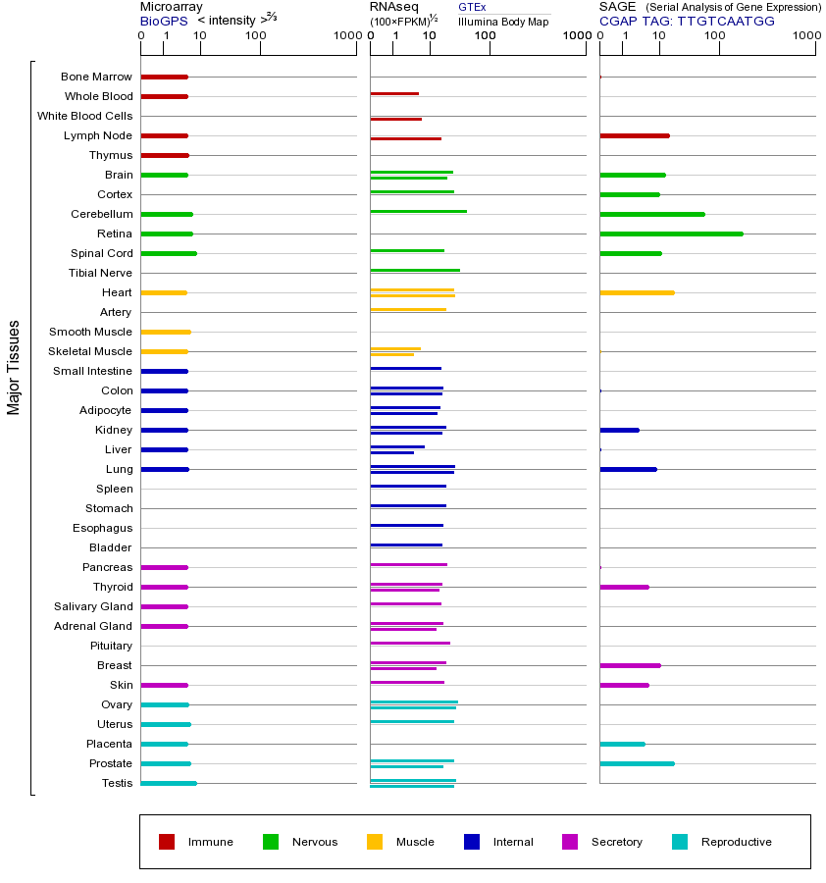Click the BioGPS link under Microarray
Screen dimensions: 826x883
[164, 21]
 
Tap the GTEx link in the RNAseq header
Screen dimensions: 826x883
[472, 7]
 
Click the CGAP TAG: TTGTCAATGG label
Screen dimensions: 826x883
[687, 21]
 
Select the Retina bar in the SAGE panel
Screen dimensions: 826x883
[672, 234]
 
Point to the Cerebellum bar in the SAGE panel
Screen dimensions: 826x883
[652, 214]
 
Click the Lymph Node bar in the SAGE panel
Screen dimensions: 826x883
[635, 135]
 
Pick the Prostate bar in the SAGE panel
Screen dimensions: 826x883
[638, 763]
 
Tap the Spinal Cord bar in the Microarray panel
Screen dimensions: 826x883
[169, 253]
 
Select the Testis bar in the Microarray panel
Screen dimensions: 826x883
[169, 783]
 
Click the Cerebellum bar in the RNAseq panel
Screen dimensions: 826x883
[418, 212]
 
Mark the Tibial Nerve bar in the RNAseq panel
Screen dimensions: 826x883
[415, 271]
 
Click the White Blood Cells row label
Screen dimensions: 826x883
[85, 116]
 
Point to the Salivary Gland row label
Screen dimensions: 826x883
[93, 606]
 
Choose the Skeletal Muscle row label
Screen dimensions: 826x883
[90, 351]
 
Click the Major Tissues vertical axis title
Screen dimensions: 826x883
[14, 368]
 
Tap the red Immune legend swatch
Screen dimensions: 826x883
[167, 842]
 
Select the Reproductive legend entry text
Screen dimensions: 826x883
[737, 842]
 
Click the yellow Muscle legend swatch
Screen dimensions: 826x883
[375, 842]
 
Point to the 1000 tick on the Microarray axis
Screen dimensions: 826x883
[356, 48]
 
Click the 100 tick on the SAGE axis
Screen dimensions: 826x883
[719, 48]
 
